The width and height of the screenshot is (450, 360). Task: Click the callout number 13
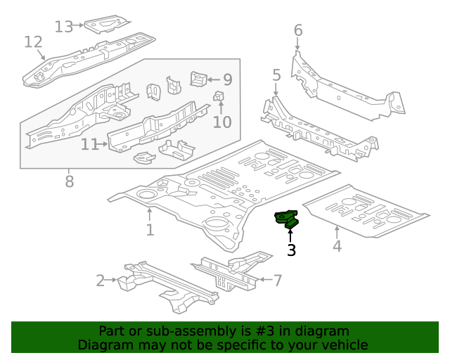point(64,27)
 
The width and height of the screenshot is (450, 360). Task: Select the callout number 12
point(33,42)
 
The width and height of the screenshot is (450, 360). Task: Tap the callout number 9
point(227,79)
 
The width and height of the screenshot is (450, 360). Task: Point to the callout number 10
point(221,122)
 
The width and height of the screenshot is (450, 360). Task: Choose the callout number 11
point(89,144)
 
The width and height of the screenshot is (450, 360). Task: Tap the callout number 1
point(150,230)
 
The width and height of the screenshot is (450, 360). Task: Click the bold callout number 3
point(290,250)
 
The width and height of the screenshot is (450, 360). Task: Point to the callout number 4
point(337,245)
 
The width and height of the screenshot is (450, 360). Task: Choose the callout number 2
point(100,281)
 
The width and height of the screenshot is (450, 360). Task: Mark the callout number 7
point(277,281)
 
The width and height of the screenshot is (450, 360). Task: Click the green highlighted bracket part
point(286,219)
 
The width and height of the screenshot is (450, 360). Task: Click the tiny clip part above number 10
point(219,96)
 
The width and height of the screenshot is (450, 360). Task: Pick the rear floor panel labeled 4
point(369,211)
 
